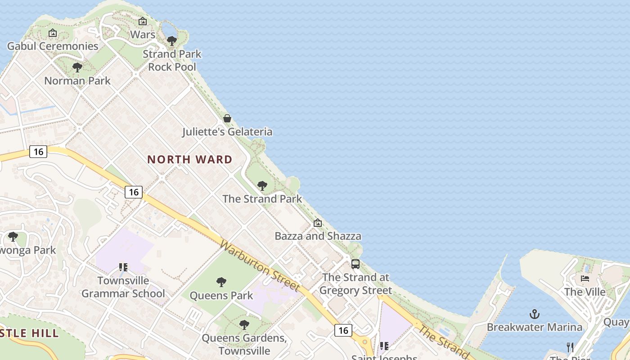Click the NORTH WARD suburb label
coord(190,159)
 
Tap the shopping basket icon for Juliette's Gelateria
coord(227,118)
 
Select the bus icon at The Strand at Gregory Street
coord(355,264)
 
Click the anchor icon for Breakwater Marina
coord(535,314)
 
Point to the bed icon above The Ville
coord(585,278)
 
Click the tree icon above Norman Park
coord(77,67)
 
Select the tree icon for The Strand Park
coord(262,185)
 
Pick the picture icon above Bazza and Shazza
coord(318,223)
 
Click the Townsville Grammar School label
coord(123,287)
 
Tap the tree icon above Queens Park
coord(221,282)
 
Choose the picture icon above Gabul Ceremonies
coord(53,33)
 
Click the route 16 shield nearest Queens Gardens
coord(343,331)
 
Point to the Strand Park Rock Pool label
coord(172,60)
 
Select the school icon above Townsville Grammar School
coord(123,267)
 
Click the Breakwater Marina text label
coord(535,327)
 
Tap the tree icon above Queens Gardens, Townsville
coord(244,324)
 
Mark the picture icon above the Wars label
coord(143,21)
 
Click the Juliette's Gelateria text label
coord(227,132)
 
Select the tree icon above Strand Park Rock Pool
coord(172,41)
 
